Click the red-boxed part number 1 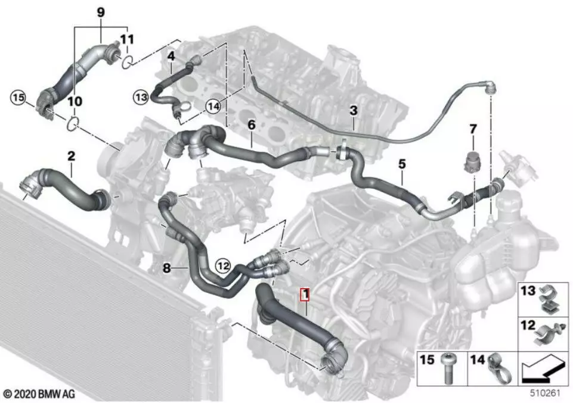[305, 295]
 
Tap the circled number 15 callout [18, 98]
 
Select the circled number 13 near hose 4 [141, 98]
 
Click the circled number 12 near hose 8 [224, 266]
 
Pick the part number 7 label [473, 129]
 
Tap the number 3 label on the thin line [354, 110]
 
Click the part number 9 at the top [101, 13]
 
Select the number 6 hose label [252, 125]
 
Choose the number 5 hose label [402, 164]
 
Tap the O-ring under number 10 [72, 123]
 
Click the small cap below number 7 [470, 161]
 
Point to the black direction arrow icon [541, 371]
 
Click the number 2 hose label [71, 156]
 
